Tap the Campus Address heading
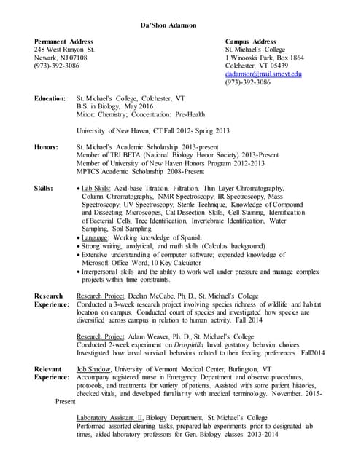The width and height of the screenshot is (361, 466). point(250,42)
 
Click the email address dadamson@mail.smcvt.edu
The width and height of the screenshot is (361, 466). point(263,74)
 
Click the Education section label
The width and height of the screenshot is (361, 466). point(52,98)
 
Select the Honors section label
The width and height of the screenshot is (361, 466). point(46,147)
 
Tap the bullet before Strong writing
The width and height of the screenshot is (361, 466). point(79,247)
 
